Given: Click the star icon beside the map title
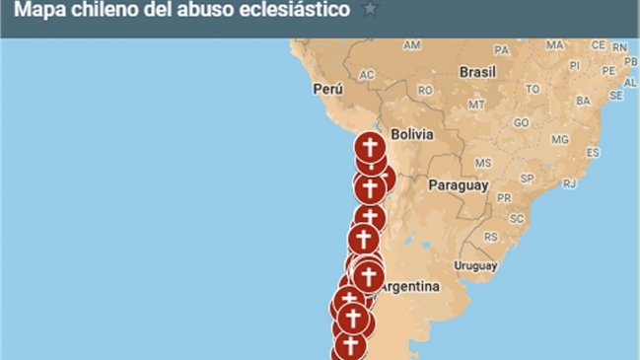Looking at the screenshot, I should pos(370,10).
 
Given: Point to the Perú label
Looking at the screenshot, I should pos(327,88).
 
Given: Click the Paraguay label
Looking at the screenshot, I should pos(458,184).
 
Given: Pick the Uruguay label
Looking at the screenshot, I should pos(476,266).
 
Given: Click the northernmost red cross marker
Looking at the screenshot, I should pos(370,148).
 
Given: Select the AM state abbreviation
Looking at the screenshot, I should pos(412,45).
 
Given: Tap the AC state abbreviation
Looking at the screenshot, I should pos(367,75).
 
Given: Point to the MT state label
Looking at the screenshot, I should pos(477,104).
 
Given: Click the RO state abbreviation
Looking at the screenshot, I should pos(425,90).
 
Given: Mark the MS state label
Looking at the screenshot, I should pos(483,162).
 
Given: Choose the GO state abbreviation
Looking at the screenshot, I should pos(522,123).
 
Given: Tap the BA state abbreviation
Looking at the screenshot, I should pos(583,100).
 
